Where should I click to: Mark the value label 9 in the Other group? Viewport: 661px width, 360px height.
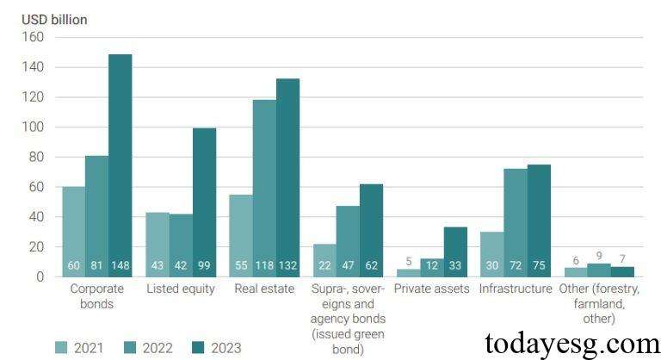click(x=599, y=256)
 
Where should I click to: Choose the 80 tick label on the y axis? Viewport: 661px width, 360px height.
click(x=35, y=157)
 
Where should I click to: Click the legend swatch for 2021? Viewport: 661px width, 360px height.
click(x=61, y=348)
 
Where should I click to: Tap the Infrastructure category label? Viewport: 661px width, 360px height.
click(x=516, y=289)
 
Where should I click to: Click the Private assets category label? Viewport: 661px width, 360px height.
click(x=431, y=289)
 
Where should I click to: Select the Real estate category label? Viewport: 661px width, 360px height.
click(x=264, y=289)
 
